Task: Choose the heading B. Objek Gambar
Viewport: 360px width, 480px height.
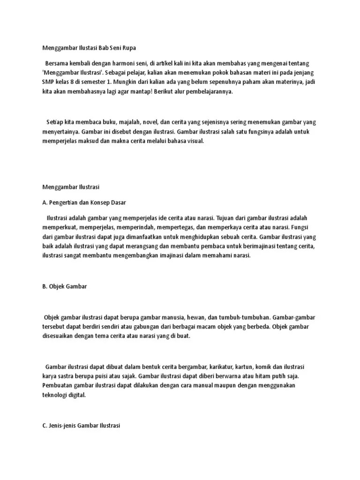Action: (x=65, y=286)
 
